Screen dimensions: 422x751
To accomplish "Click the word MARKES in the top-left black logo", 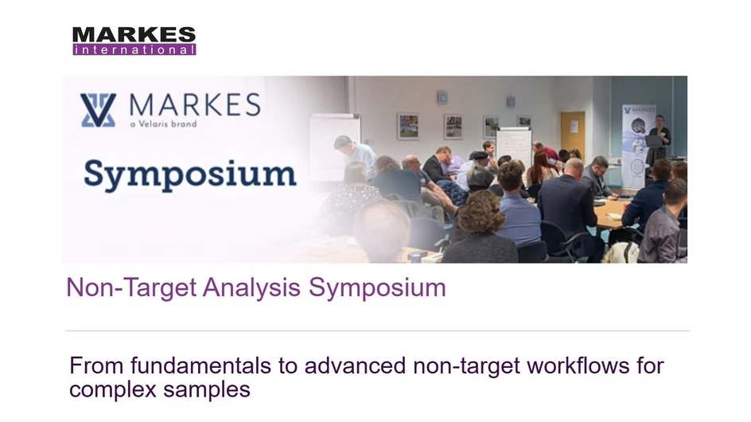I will pyautogui.click(x=134, y=34).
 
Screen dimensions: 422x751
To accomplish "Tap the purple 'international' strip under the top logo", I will pyautogui.click(x=134, y=49).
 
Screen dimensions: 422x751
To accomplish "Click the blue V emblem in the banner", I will pyautogui.click(x=98, y=110).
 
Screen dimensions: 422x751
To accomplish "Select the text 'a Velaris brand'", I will pyautogui.click(x=162, y=124).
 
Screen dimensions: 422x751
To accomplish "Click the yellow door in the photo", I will pyautogui.click(x=572, y=131).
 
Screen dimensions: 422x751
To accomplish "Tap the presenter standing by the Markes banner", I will pyautogui.click(x=659, y=139).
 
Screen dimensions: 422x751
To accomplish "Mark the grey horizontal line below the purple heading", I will pyautogui.click(x=377, y=330).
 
